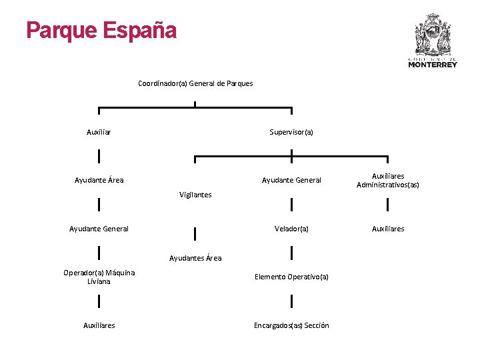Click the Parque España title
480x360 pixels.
[101, 31]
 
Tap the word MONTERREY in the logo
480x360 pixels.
[433, 65]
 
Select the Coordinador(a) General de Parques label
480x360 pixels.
[195, 83]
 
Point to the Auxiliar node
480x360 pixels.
[99, 132]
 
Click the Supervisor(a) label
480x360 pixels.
[291, 132]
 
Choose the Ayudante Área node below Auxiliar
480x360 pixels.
[99, 180]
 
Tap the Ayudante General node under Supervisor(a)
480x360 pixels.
[291, 180]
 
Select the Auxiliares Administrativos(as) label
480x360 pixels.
[388, 181]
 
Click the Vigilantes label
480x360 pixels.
[195, 195]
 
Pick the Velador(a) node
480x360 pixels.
[291, 229]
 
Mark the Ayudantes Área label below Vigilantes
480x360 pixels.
[195, 258]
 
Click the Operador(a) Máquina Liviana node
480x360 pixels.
[99, 277]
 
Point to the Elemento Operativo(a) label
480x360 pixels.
[291, 277]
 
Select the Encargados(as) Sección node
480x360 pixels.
[291, 325]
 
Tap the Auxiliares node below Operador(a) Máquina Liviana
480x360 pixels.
[99, 325]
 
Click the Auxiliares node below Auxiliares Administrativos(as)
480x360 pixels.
[388, 229]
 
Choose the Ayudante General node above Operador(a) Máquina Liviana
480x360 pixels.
[99, 229]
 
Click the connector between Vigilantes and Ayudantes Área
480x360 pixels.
[195, 234]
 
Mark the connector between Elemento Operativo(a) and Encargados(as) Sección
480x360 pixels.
[291, 301]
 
